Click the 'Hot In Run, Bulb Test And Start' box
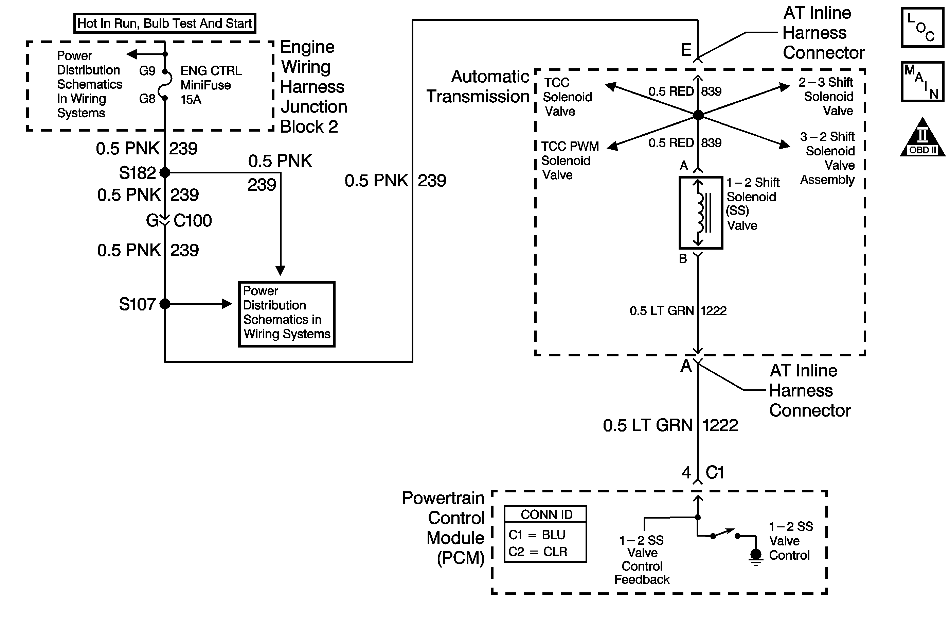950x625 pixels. pos(164,23)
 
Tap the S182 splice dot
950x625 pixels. pos(165,173)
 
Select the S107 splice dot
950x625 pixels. pos(165,304)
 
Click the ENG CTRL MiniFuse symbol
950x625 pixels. pos(165,85)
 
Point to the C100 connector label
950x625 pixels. pos(192,221)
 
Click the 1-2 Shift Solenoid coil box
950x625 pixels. pos(700,213)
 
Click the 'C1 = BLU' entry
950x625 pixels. pos(537,535)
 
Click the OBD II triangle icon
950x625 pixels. pos(922,138)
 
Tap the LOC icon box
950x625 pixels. pos(922,27)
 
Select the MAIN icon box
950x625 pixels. pos(922,82)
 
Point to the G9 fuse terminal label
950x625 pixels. pos(147,71)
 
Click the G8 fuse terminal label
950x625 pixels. pos(147,98)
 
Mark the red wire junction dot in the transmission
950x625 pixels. pos(698,115)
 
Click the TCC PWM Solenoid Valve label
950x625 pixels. pos(569,161)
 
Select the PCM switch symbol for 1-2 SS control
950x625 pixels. pos(725,534)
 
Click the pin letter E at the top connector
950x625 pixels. pos(686,50)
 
